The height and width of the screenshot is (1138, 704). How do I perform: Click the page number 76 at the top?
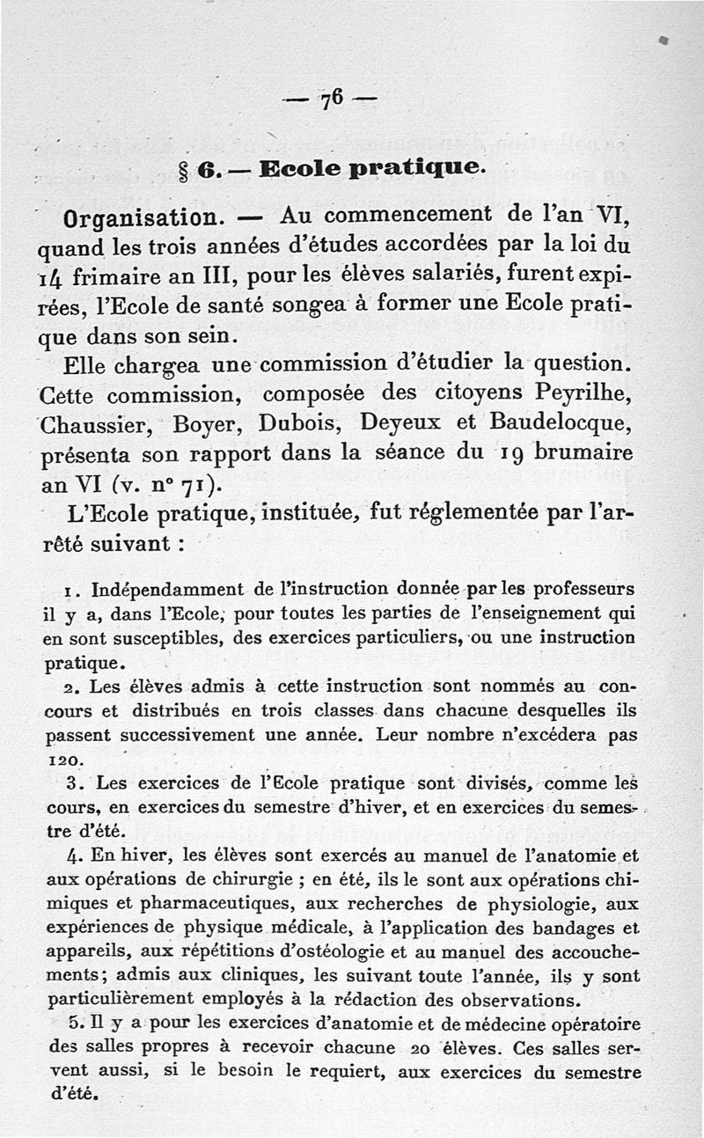[331, 99]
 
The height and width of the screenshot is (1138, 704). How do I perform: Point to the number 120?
[61, 757]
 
